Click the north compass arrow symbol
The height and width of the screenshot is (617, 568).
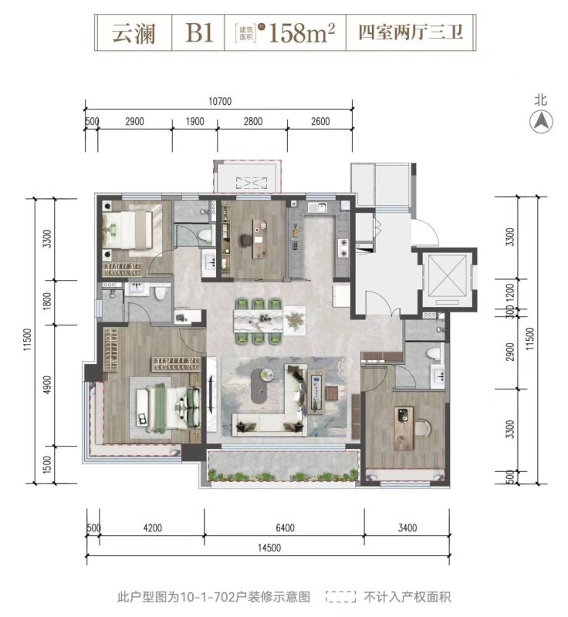tap(541, 122)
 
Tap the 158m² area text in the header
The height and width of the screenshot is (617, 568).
tap(302, 32)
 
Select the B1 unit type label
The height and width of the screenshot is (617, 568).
tap(199, 32)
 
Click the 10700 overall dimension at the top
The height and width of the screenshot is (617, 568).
tap(220, 102)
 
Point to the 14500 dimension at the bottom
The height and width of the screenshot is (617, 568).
tap(269, 548)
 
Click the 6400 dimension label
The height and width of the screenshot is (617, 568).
tap(285, 528)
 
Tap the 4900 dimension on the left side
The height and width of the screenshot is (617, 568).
tap(47, 384)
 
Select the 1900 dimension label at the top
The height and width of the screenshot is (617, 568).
tap(194, 121)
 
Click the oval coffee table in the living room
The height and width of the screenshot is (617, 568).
tap(263, 386)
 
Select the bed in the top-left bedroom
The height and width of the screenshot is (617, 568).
tap(127, 230)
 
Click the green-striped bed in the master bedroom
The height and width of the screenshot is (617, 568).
tap(168, 407)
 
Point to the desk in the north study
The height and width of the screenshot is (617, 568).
tap(259, 239)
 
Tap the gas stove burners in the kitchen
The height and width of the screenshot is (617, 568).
tap(343, 248)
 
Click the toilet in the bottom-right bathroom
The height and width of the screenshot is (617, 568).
tap(434, 352)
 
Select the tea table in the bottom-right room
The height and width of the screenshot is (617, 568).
tap(404, 429)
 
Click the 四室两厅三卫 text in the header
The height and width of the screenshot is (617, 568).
tap(411, 32)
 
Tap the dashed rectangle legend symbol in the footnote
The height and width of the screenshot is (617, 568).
tap(341, 597)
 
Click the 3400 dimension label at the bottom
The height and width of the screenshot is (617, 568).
tap(407, 528)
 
